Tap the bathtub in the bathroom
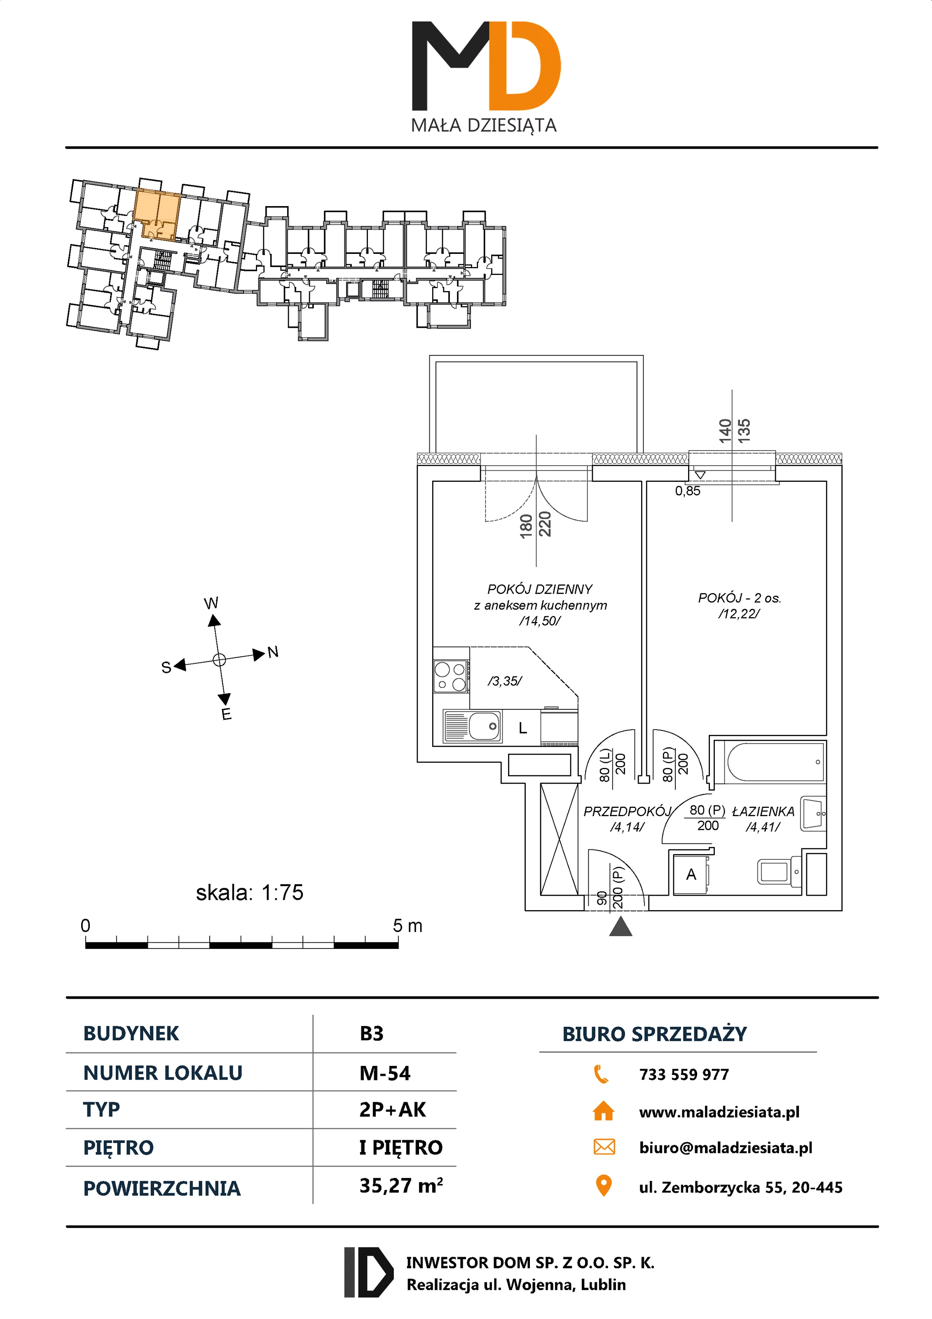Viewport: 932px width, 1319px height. tap(774, 762)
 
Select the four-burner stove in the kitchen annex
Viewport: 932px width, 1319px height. tap(451, 677)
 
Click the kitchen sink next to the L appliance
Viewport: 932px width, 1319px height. tap(472, 726)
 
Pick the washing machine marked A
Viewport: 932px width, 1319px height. tap(691, 874)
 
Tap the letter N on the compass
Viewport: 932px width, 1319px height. tap(273, 652)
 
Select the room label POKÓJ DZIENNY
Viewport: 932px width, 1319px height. tap(539, 589)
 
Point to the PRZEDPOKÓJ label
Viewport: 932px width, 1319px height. tap(627, 811)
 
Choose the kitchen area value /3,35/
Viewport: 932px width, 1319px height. tap(505, 681)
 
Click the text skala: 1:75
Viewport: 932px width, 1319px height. tap(249, 892)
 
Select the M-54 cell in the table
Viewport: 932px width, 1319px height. tap(385, 1073)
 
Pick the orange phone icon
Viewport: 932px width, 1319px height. tap(601, 1074)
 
